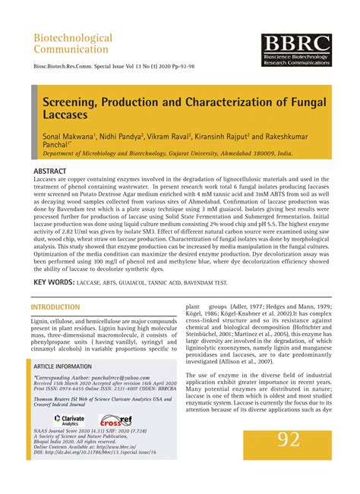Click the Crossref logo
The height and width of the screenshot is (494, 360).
tap(117, 420)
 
